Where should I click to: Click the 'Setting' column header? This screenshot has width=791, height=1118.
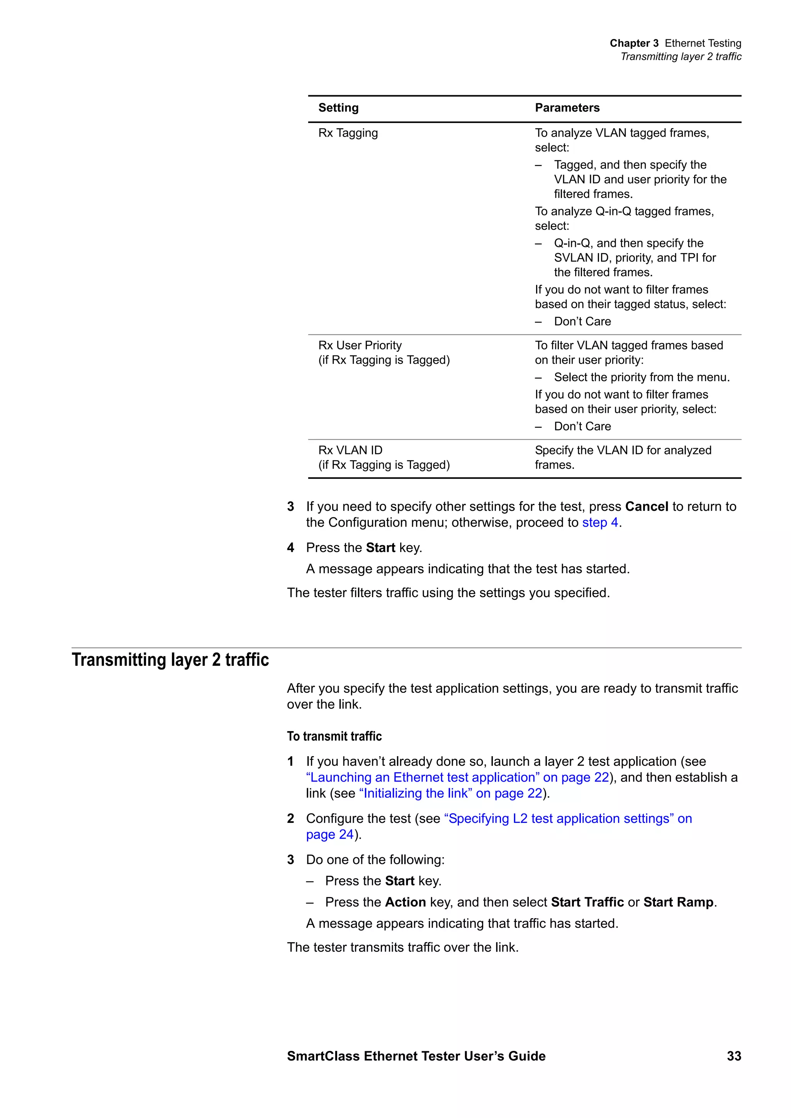click(338, 108)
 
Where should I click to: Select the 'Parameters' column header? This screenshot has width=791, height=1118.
click(567, 108)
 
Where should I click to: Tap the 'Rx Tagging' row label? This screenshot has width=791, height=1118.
click(348, 133)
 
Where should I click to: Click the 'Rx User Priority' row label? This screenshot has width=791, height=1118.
click(360, 345)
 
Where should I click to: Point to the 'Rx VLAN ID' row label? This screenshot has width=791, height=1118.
click(350, 451)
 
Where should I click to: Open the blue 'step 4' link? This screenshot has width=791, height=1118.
click(600, 522)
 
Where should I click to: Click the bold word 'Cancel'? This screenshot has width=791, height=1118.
click(646, 507)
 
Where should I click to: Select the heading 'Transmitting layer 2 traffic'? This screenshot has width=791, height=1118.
click(170, 660)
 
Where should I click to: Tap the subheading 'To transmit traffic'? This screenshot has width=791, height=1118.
click(334, 736)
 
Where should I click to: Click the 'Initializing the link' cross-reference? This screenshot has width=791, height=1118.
click(450, 793)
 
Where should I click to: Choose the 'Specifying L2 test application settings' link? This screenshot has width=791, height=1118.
click(568, 819)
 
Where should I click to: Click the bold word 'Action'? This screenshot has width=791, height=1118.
click(405, 902)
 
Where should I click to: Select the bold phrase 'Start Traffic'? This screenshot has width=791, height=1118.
click(587, 902)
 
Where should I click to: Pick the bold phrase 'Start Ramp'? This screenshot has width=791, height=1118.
click(678, 902)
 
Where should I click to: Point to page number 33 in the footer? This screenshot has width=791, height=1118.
click(733, 1056)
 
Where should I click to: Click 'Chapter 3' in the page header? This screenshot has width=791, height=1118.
click(633, 43)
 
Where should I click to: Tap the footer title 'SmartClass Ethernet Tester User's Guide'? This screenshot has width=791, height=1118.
click(416, 1056)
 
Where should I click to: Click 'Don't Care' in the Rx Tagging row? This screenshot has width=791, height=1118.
click(582, 321)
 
